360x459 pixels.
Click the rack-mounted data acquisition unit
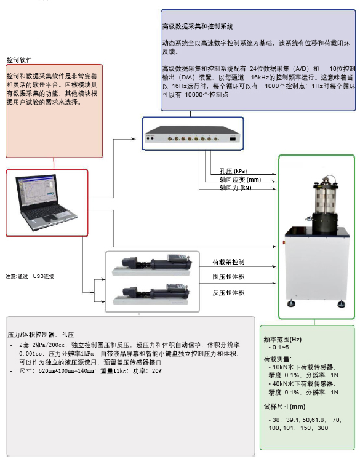click(x=193, y=138)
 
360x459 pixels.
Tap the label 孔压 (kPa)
click(x=233, y=171)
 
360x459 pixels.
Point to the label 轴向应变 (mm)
click(x=241, y=180)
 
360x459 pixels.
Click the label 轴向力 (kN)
click(x=235, y=188)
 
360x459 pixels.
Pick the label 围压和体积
click(x=228, y=277)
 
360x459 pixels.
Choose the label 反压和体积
click(x=228, y=292)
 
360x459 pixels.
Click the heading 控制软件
click(x=19, y=60)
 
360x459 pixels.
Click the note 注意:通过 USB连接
click(x=30, y=276)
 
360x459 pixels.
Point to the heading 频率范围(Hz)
click(x=282, y=339)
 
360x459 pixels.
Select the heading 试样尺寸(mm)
click(x=284, y=407)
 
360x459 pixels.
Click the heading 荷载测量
click(x=278, y=357)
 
